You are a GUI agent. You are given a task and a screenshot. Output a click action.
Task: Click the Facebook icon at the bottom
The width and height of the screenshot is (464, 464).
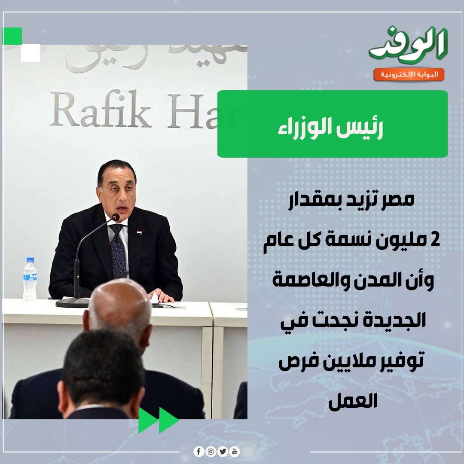199,452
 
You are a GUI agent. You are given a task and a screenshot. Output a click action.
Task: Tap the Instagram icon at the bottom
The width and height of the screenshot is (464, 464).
211,452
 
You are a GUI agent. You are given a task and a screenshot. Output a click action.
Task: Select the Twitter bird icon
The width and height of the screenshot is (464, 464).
223,452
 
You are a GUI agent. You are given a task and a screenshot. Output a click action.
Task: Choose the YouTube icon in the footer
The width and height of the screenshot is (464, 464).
235,452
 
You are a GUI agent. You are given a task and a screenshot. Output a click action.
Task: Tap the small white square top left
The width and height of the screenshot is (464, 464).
30,52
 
